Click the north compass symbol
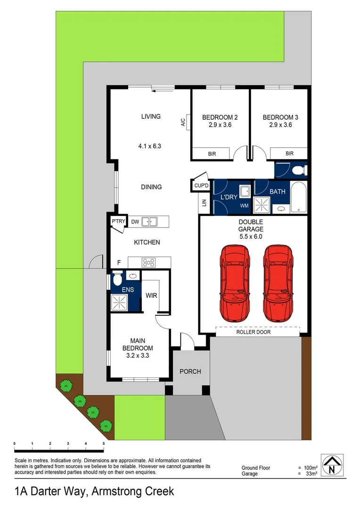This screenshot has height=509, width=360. coord(332,465)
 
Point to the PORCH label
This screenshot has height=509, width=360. coord(190,371)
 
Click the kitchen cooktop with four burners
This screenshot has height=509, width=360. coord(149,263)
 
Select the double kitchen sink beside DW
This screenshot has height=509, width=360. coord(151,221)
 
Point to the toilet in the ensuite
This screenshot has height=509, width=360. coord(117,280)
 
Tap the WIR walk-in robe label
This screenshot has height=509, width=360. coord(151,296)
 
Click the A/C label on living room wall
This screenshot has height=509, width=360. coord(182,122)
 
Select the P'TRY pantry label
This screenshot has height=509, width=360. coord(117,221)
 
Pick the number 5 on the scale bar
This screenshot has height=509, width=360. coord(103,444)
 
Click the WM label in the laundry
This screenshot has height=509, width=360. coord(244,206)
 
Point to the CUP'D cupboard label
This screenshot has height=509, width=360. coord(201,186)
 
